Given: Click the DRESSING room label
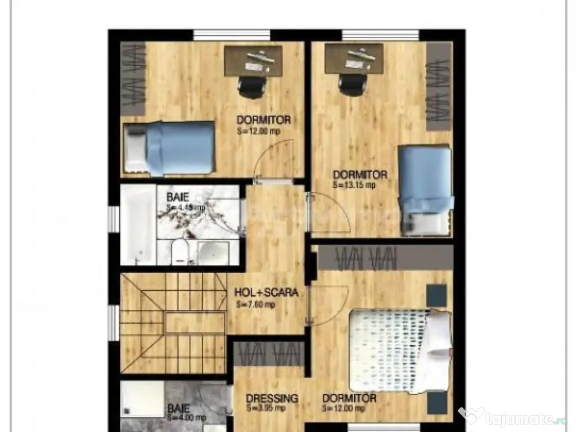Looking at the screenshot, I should coord(272,399).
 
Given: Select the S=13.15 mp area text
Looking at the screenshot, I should coord(354,184).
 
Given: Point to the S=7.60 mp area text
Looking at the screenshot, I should coord(255,305).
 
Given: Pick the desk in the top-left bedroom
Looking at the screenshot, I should coord(253,60).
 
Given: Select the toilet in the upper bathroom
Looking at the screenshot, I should coord(179,253).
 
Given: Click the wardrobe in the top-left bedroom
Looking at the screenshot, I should coord(133,79).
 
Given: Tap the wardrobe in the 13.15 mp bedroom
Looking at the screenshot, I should coord(439,87).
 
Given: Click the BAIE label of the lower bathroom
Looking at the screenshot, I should coord(178,408).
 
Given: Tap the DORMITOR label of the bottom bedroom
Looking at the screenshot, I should coord(349,399).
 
